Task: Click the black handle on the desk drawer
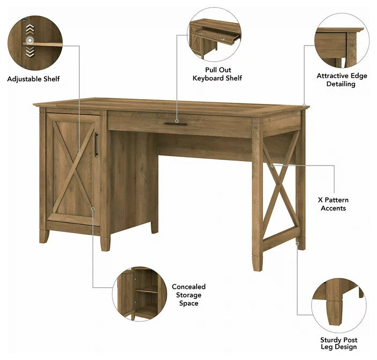[x=175, y=124]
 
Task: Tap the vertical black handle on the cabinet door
[x=96, y=145]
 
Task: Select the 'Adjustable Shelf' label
[x=33, y=79]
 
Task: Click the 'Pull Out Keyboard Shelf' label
[x=217, y=74]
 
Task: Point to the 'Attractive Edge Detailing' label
[x=342, y=80]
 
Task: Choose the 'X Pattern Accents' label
[x=333, y=204]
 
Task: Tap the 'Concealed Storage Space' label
[x=188, y=295]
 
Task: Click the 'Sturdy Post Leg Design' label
[x=339, y=343]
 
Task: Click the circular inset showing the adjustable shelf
[x=35, y=43]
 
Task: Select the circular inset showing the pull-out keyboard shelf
[x=214, y=34]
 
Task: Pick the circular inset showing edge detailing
[x=342, y=40]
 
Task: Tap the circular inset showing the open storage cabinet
[x=140, y=294]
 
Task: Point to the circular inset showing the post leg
[x=339, y=306]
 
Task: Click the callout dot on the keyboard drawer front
[x=177, y=121]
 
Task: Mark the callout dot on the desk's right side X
[x=272, y=166]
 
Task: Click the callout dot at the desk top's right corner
[x=304, y=106]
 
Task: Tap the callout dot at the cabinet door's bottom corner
[x=93, y=209]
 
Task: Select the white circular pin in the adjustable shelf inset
[x=30, y=40]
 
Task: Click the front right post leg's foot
[x=257, y=263]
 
